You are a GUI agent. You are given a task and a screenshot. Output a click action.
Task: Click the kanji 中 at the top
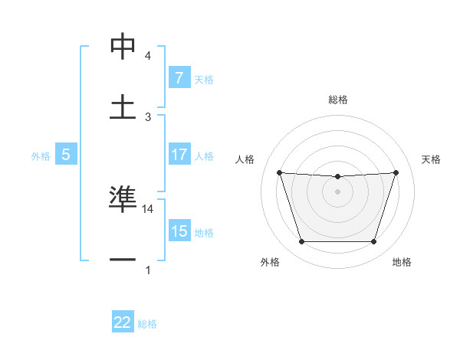click(123, 47)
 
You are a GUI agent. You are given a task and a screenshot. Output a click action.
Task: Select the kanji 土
click(123, 106)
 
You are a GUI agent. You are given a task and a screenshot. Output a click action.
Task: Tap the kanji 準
click(123, 199)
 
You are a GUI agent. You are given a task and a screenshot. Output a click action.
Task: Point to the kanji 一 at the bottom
click(123, 259)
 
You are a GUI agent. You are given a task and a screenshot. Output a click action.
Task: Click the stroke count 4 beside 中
click(148, 56)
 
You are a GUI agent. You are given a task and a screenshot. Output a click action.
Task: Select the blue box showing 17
click(179, 155)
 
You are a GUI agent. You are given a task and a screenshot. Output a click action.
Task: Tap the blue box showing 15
click(179, 231)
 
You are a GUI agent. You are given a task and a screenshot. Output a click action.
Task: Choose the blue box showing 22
click(123, 322)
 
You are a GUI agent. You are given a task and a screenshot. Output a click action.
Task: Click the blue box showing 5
click(66, 155)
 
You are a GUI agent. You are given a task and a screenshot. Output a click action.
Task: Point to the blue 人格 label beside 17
click(204, 155)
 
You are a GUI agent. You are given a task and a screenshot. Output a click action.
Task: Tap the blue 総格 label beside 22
click(147, 324)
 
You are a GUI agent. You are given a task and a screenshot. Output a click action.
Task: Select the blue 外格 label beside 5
click(41, 155)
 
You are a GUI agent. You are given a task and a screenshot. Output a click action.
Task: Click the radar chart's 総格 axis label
click(338, 100)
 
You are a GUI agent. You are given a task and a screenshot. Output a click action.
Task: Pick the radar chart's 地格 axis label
click(402, 263)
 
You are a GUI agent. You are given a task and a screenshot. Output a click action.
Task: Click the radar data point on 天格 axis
click(396, 172)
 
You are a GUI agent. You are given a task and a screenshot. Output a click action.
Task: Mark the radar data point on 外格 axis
click(301, 242)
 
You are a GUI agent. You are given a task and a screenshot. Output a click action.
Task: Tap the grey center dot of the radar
click(337, 191)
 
